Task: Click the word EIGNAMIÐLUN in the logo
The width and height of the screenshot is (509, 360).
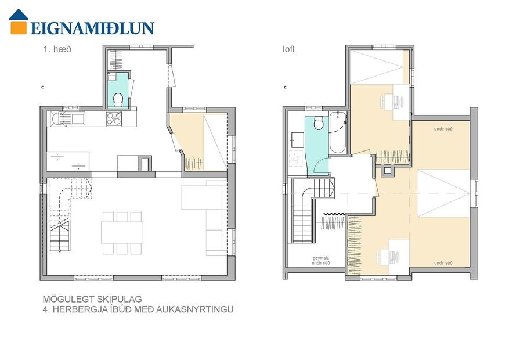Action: tap(92, 28)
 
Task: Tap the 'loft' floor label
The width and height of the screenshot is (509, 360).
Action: tap(288, 49)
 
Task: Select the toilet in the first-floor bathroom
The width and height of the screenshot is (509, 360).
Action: tap(118, 99)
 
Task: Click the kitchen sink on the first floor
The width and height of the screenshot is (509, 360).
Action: tap(76, 118)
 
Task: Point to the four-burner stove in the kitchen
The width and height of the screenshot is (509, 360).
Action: tap(114, 118)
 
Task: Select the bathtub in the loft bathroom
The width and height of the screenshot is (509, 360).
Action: tap(337, 133)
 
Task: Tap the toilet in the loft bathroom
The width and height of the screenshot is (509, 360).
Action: tap(318, 124)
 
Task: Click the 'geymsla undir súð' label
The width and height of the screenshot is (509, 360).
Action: tap(320, 260)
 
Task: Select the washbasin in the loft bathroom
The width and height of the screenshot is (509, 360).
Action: tap(298, 139)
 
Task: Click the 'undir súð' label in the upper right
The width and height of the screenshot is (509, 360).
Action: tap(443, 128)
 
